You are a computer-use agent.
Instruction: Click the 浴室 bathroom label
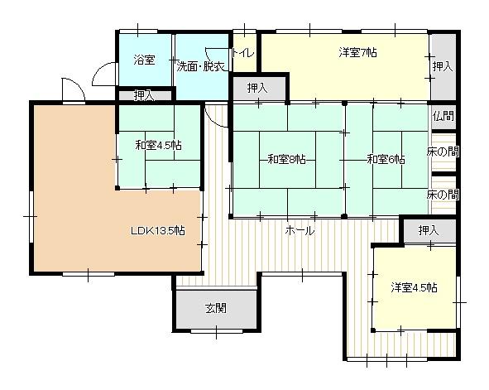(145, 60)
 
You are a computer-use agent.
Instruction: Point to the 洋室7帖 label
(357, 53)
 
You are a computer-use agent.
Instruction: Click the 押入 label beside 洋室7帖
(442, 65)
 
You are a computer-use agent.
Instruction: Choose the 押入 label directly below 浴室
(144, 96)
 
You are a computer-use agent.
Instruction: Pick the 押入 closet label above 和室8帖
(257, 87)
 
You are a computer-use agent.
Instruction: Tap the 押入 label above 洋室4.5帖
(428, 229)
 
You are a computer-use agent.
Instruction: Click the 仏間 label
(443, 117)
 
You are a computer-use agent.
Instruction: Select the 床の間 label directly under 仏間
(443, 152)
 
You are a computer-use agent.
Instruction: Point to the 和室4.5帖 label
(159, 146)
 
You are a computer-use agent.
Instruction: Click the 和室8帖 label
(286, 159)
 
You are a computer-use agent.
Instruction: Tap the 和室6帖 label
(386, 159)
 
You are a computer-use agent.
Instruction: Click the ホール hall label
(299, 231)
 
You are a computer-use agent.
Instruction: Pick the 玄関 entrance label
(215, 308)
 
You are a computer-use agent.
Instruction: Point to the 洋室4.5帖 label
(414, 287)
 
